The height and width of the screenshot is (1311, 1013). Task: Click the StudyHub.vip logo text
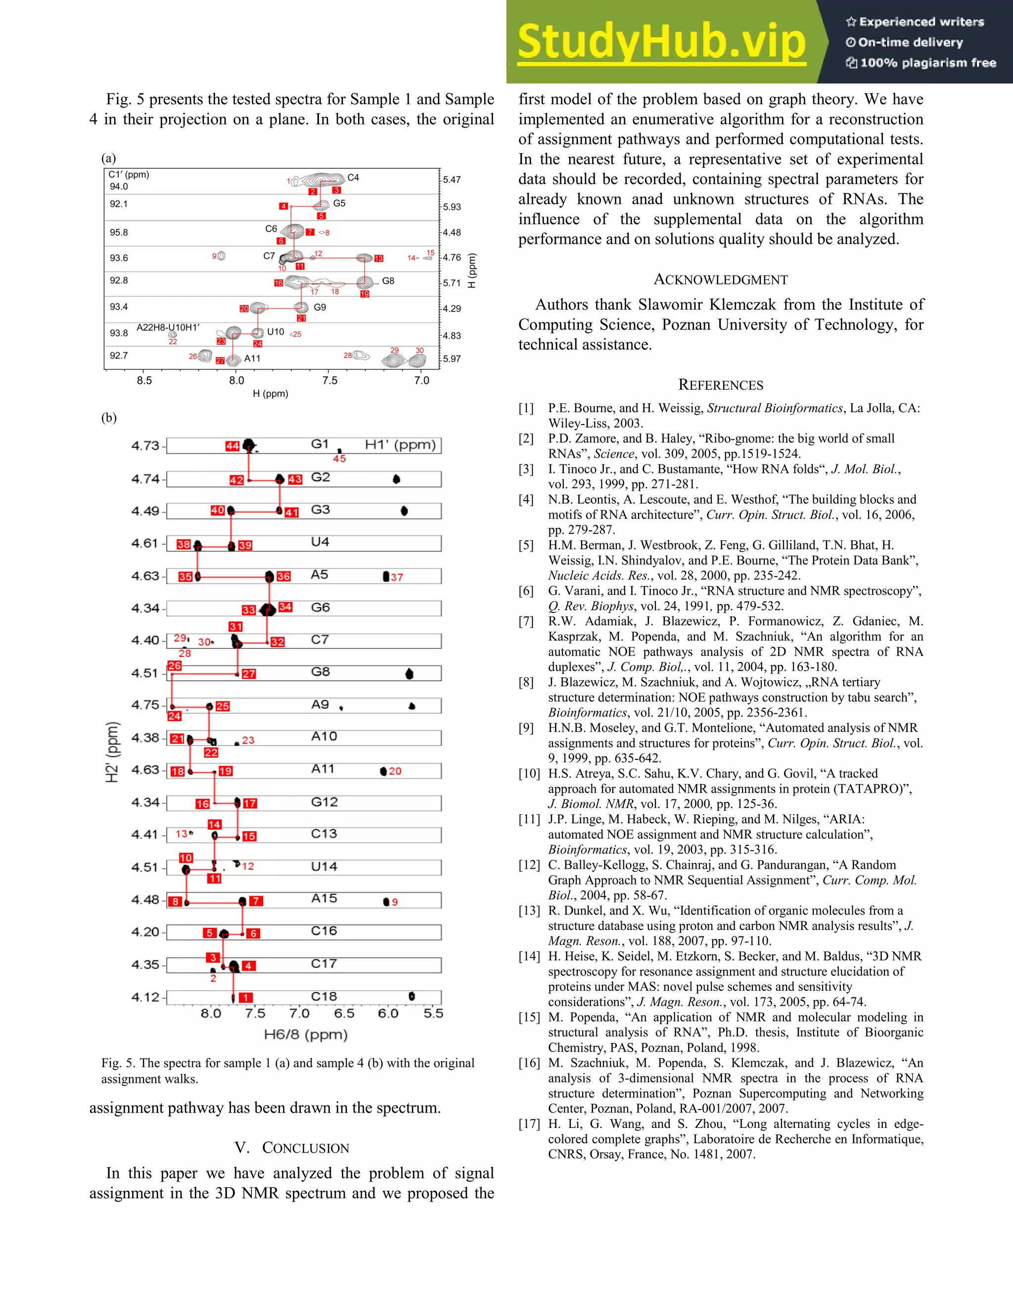point(661,42)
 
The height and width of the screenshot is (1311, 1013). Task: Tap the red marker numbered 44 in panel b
point(232,446)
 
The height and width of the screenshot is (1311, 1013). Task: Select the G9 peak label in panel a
point(320,307)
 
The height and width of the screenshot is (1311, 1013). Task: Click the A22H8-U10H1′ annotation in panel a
point(168,327)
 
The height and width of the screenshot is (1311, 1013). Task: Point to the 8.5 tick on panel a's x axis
point(144,380)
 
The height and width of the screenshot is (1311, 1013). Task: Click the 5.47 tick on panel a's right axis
point(452,180)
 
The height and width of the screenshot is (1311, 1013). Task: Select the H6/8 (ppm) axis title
point(306,1034)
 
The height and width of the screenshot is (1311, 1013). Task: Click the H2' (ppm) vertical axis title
point(112,751)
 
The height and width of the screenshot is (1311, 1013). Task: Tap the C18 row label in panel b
point(323,996)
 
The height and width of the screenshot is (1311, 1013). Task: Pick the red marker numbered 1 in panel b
point(245,998)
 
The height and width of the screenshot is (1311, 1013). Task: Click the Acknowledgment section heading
point(720,280)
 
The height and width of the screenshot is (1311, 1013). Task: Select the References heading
point(720,385)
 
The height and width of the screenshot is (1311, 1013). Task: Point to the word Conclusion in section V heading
point(306,1148)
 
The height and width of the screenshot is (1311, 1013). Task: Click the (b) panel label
point(109,418)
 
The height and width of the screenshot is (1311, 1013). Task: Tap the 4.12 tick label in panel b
point(145,997)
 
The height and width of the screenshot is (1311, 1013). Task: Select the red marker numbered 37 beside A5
point(397,577)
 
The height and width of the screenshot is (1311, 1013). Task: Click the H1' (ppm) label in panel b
point(400,445)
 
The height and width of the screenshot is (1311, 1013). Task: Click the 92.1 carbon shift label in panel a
point(119,204)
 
